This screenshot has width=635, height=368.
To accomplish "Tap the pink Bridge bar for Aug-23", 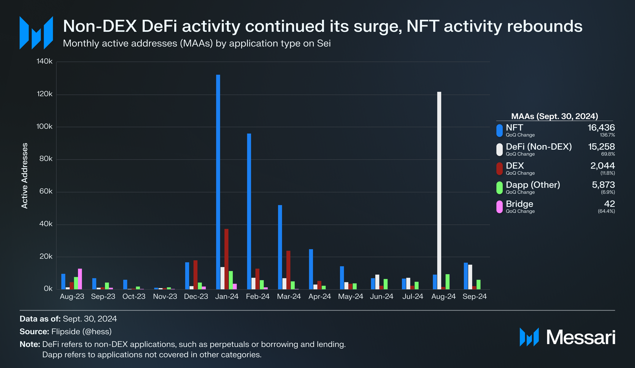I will [80, 279].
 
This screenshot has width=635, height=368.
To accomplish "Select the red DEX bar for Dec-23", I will [195, 275].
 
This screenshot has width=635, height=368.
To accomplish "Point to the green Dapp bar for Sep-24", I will [478, 284].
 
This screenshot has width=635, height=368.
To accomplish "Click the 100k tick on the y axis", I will [44, 127].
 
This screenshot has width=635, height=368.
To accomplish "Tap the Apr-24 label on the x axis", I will [320, 296].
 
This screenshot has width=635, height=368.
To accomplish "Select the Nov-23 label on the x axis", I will [165, 296].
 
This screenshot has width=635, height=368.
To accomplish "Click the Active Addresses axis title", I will [25, 176].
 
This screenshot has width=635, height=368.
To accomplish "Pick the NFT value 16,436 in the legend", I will [601, 128].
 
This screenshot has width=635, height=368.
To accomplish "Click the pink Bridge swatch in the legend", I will [500, 207].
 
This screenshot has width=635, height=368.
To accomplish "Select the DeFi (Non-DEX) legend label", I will [539, 147].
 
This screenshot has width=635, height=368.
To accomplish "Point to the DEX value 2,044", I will [602, 166].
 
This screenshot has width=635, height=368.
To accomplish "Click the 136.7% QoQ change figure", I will [607, 135].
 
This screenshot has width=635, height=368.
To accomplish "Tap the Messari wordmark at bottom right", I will [580, 337].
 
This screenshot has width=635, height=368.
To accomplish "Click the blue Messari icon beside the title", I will [36, 33].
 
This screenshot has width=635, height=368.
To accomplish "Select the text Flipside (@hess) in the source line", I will [81, 331].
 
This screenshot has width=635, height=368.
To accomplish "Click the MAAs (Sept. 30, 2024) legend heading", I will [554, 116].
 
